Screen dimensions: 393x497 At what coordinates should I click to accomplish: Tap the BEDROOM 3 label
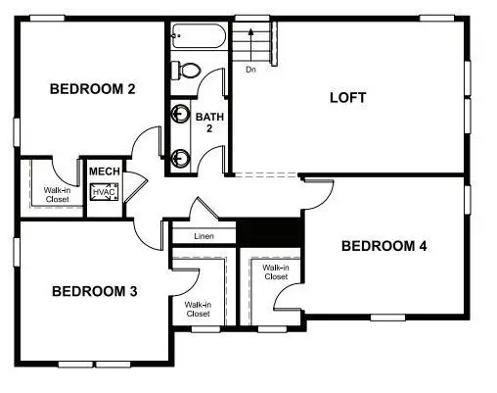click(x=94, y=291)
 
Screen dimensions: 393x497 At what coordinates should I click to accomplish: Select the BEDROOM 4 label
click(x=384, y=246)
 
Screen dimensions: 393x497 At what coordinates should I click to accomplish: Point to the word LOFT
click(x=347, y=97)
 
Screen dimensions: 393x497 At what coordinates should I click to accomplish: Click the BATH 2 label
click(x=209, y=123)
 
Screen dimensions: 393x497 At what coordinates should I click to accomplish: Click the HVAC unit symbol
click(x=104, y=192)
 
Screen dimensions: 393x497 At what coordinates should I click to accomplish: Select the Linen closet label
click(x=203, y=236)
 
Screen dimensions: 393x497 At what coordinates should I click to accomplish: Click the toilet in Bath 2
click(x=185, y=71)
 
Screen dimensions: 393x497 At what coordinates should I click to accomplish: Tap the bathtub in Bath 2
click(x=199, y=37)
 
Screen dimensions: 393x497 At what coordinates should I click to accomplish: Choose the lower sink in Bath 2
click(x=181, y=155)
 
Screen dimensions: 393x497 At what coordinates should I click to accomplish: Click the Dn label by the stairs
click(x=250, y=70)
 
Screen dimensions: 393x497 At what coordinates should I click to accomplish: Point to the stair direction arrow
click(x=251, y=44)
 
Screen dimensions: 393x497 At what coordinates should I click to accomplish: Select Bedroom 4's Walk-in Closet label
click(x=276, y=271)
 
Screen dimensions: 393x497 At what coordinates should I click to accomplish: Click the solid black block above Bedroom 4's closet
click(x=271, y=233)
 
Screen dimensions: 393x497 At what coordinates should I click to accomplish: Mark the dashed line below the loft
click(x=264, y=175)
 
